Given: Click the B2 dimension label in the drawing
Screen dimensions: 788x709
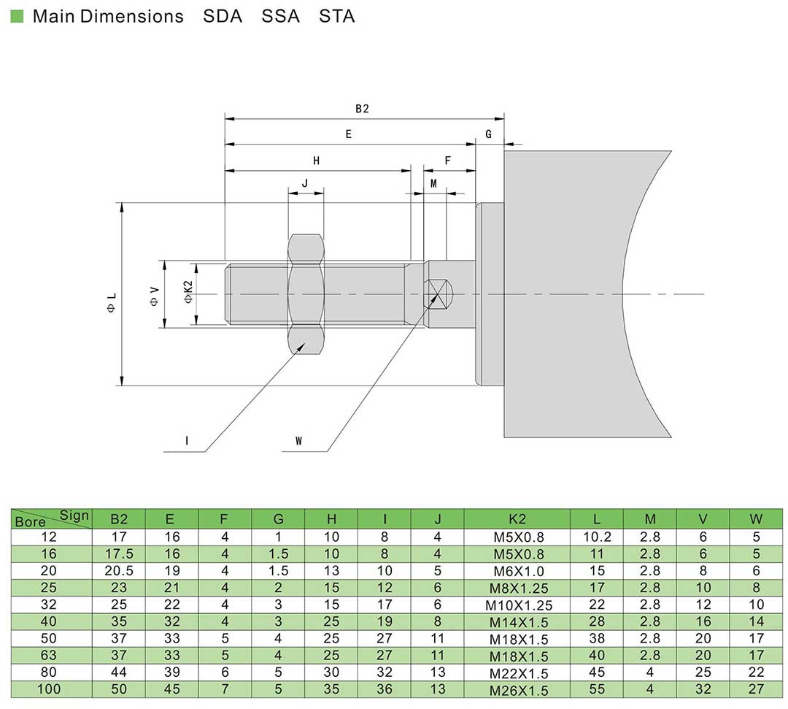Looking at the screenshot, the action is click(362, 109).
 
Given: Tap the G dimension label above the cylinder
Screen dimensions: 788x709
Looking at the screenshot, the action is click(488, 134).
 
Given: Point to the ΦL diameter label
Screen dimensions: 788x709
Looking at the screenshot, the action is click(112, 303).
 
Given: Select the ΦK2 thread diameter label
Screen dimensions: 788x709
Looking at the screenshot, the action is click(188, 292).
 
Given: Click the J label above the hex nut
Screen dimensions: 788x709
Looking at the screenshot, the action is click(305, 183).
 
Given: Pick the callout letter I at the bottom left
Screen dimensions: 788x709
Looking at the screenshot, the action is click(187, 441).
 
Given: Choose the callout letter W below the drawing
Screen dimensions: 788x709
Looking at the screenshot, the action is click(298, 441).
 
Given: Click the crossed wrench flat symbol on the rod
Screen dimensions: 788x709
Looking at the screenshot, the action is click(436, 294).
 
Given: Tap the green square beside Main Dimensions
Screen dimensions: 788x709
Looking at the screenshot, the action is click(17, 16).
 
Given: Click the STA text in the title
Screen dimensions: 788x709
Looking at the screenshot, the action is click(336, 16).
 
